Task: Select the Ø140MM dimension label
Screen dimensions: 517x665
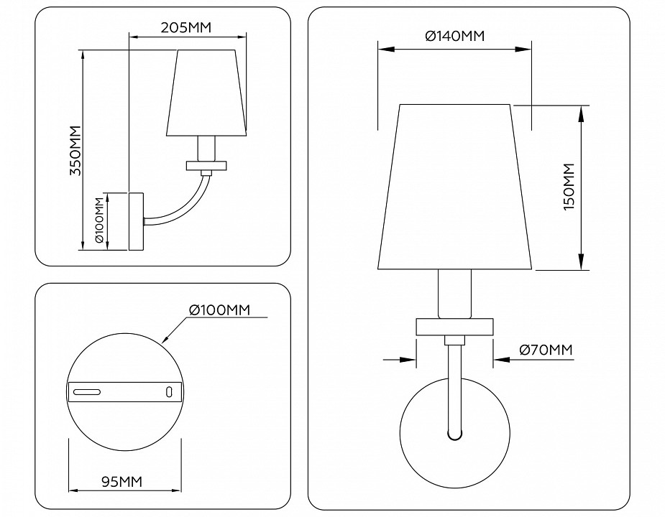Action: click(454, 36)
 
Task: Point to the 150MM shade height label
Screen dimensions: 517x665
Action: click(569, 187)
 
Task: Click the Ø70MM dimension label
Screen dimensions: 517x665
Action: click(545, 350)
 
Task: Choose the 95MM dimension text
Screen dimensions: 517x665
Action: click(117, 480)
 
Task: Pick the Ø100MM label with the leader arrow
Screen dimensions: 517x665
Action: click(219, 309)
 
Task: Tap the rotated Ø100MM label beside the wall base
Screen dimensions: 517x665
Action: click(100, 222)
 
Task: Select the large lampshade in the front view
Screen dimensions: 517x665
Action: click(455, 187)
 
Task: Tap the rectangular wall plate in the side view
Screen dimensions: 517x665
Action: click(136, 221)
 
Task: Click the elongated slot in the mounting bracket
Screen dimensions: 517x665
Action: click(85, 391)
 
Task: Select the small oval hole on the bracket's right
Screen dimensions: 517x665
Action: click(169, 391)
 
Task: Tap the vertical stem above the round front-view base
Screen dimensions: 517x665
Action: click(454, 388)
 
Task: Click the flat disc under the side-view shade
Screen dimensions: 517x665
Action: click(206, 165)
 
